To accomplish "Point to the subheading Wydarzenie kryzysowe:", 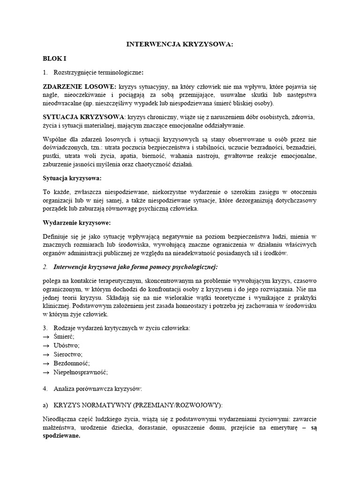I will (76, 222).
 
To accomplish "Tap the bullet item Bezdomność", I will (72, 363).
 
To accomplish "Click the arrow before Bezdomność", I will (46, 363).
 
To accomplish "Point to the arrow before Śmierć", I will (46, 337).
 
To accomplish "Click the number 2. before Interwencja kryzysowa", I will (45, 267).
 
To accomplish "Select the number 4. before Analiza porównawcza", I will (45, 389).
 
